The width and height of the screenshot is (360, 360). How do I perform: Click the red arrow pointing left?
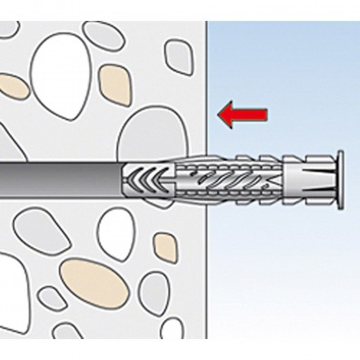244,112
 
